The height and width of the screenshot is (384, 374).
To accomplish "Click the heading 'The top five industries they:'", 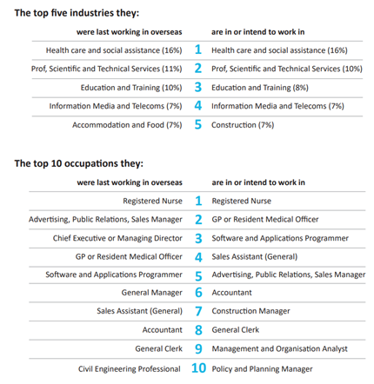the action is point(77,13).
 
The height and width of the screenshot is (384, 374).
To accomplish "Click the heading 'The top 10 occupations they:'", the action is point(79,163).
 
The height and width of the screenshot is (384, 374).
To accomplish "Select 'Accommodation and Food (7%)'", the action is point(127,125).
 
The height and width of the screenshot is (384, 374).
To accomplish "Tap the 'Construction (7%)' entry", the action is point(243,125).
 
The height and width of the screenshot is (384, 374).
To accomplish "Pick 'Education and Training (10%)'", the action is point(131,88).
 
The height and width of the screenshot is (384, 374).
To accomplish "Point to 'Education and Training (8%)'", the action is point(260,88).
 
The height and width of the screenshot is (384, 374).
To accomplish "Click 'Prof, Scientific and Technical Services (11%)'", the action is point(107,69).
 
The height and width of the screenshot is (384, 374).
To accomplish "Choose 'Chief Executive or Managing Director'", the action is point(117,238).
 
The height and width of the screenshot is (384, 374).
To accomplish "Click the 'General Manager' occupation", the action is point(152,293).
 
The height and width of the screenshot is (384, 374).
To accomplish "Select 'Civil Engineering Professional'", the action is point(130,369).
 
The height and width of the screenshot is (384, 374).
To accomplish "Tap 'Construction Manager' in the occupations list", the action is point(250,311).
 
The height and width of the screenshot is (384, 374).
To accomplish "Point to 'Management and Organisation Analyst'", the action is point(279,349).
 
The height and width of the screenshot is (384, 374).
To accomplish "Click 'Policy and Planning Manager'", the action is point(262,369).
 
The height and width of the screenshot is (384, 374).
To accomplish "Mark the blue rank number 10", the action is point(198,368).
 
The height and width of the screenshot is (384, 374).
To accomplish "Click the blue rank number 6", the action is point(198,293).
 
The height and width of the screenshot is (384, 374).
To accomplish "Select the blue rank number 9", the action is point(198,348).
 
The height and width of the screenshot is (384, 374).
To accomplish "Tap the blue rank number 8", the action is point(198,330).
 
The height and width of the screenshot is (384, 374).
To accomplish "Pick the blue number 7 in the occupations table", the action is point(198,311).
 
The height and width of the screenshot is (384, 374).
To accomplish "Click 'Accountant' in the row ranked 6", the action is point(231,293).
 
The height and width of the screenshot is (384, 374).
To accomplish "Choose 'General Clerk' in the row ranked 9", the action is point(158,348).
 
